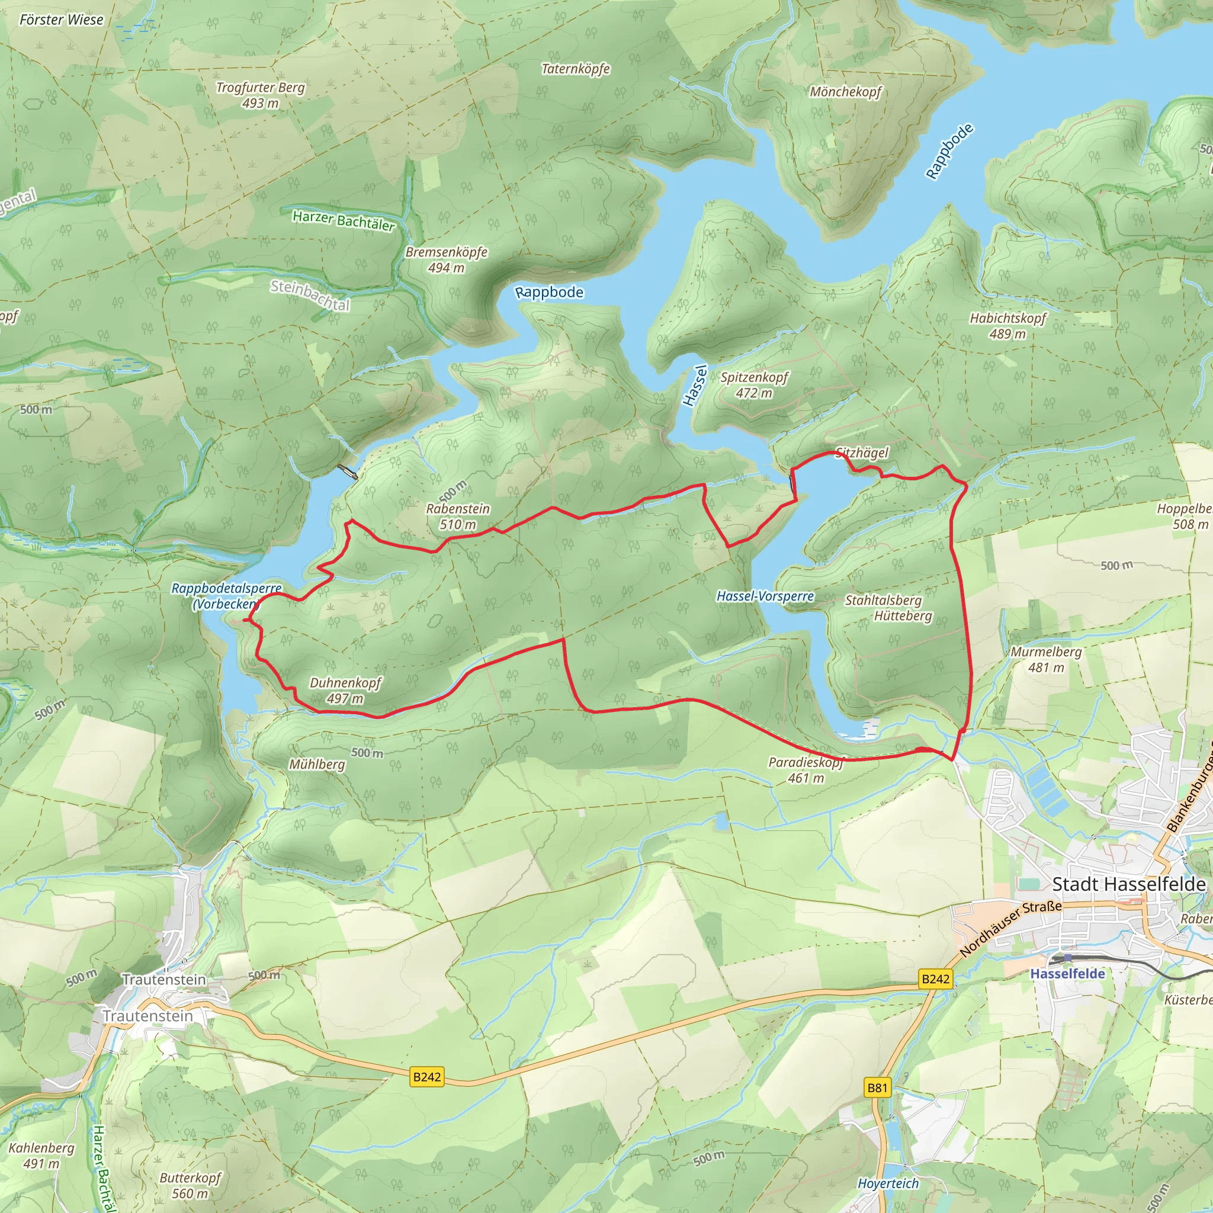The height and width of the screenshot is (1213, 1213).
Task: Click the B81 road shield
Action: pyautogui.click(x=877, y=1087)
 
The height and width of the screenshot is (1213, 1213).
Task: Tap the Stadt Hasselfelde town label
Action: pyautogui.click(x=1128, y=884)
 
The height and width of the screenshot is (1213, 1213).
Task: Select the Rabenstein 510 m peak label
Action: pyautogui.click(x=458, y=516)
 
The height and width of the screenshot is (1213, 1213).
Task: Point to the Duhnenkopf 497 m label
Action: pyautogui.click(x=345, y=690)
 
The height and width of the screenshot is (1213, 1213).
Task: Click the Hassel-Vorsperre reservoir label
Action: pyautogui.click(x=765, y=596)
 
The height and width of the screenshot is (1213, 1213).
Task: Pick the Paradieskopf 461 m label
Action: pyautogui.click(x=806, y=770)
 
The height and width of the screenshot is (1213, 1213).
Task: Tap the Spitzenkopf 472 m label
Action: pyautogui.click(x=754, y=385)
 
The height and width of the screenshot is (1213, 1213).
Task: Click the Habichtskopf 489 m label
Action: pyautogui.click(x=1007, y=326)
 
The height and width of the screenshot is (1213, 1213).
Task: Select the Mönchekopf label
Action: pyautogui.click(x=845, y=92)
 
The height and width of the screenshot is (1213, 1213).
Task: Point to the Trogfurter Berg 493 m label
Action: pyautogui.click(x=261, y=95)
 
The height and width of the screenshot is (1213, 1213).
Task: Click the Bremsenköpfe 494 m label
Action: pyautogui.click(x=447, y=259)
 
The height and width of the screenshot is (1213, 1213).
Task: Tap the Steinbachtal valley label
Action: pyautogui.click(x=310, y=295)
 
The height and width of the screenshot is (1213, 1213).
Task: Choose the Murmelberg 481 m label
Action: pyautogui.click(x=1046, y=659)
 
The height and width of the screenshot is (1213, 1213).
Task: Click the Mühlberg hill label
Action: pyautogui.click(x=317, y=764)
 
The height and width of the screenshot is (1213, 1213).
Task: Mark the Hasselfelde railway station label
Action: pyautogui.click(x=1067, y=974)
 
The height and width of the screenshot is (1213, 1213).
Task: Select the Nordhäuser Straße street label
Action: pyautogui.click(x=1010, y=928)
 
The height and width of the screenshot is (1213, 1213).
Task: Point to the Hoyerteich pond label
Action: pyautogui.click(x=888, y=1183)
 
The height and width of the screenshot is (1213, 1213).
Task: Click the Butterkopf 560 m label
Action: pyautogui.click(x=190, y=1185)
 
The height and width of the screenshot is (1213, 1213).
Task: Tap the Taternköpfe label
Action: pyautogui.click(x=576, y=69)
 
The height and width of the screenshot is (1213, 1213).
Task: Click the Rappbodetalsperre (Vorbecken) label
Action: pyautogui.click(x=226, y=596)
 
